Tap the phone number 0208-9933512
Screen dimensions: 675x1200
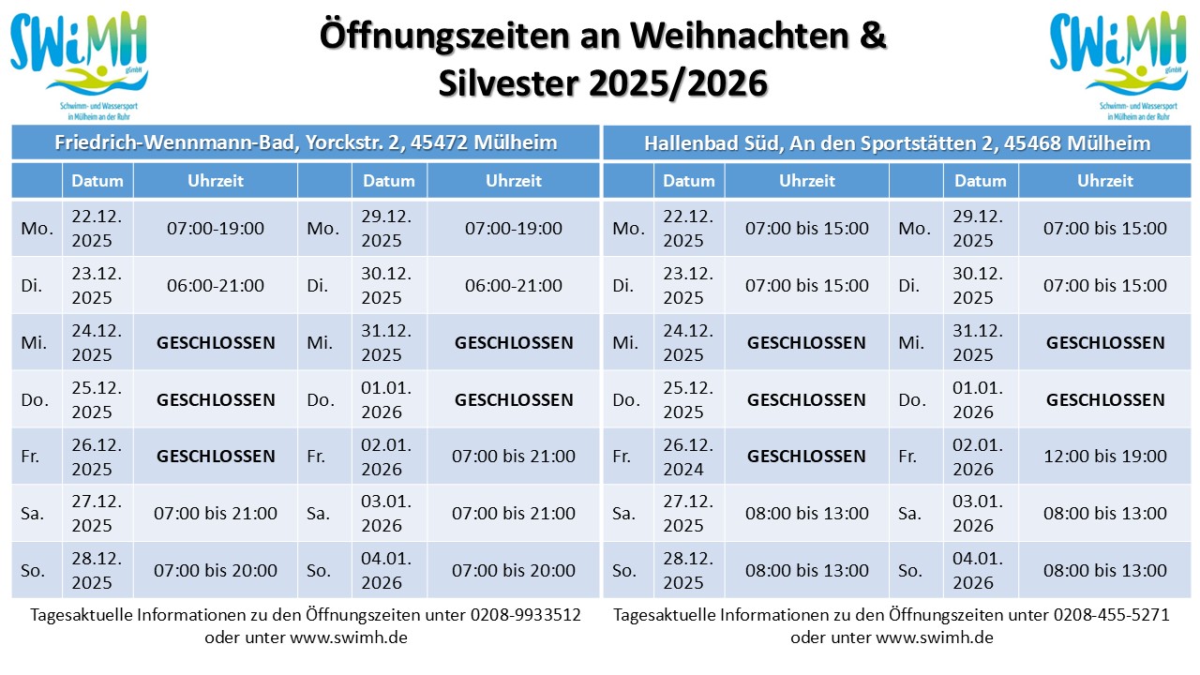pyautogui.click(x=520, y=616)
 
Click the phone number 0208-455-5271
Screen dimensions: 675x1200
pyautogui.click(x=1111, y=616)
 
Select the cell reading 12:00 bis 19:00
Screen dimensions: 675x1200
pyautogui.click(x=1105, y=457)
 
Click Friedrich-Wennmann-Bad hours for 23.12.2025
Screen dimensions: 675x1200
pyautogui.click(x=216, y=286)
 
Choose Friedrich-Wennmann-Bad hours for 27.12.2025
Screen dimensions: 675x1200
pyautogui.click(x=216, y=514)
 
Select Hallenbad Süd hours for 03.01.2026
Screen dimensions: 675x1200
pyautogui.click(x=1105, y=514)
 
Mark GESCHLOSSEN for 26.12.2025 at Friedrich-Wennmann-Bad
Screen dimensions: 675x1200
pyautogui.click(x=216, y=457)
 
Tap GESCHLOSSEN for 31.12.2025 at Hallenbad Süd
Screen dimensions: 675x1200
pyautogui.click(x=1105, y=343)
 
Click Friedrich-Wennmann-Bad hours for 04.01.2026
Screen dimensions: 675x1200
pyautogui.click(x=514, y=571)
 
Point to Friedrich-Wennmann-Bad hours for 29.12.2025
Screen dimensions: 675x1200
pyautogui.click(x=514, y=228)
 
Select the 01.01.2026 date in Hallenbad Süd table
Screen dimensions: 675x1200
pyautogui.click(x=979, y=400)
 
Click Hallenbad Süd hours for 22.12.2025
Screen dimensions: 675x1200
pyautogui.click(x=807, y=228)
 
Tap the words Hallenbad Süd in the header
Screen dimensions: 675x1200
pyautogui.click(x=712, y=143)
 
